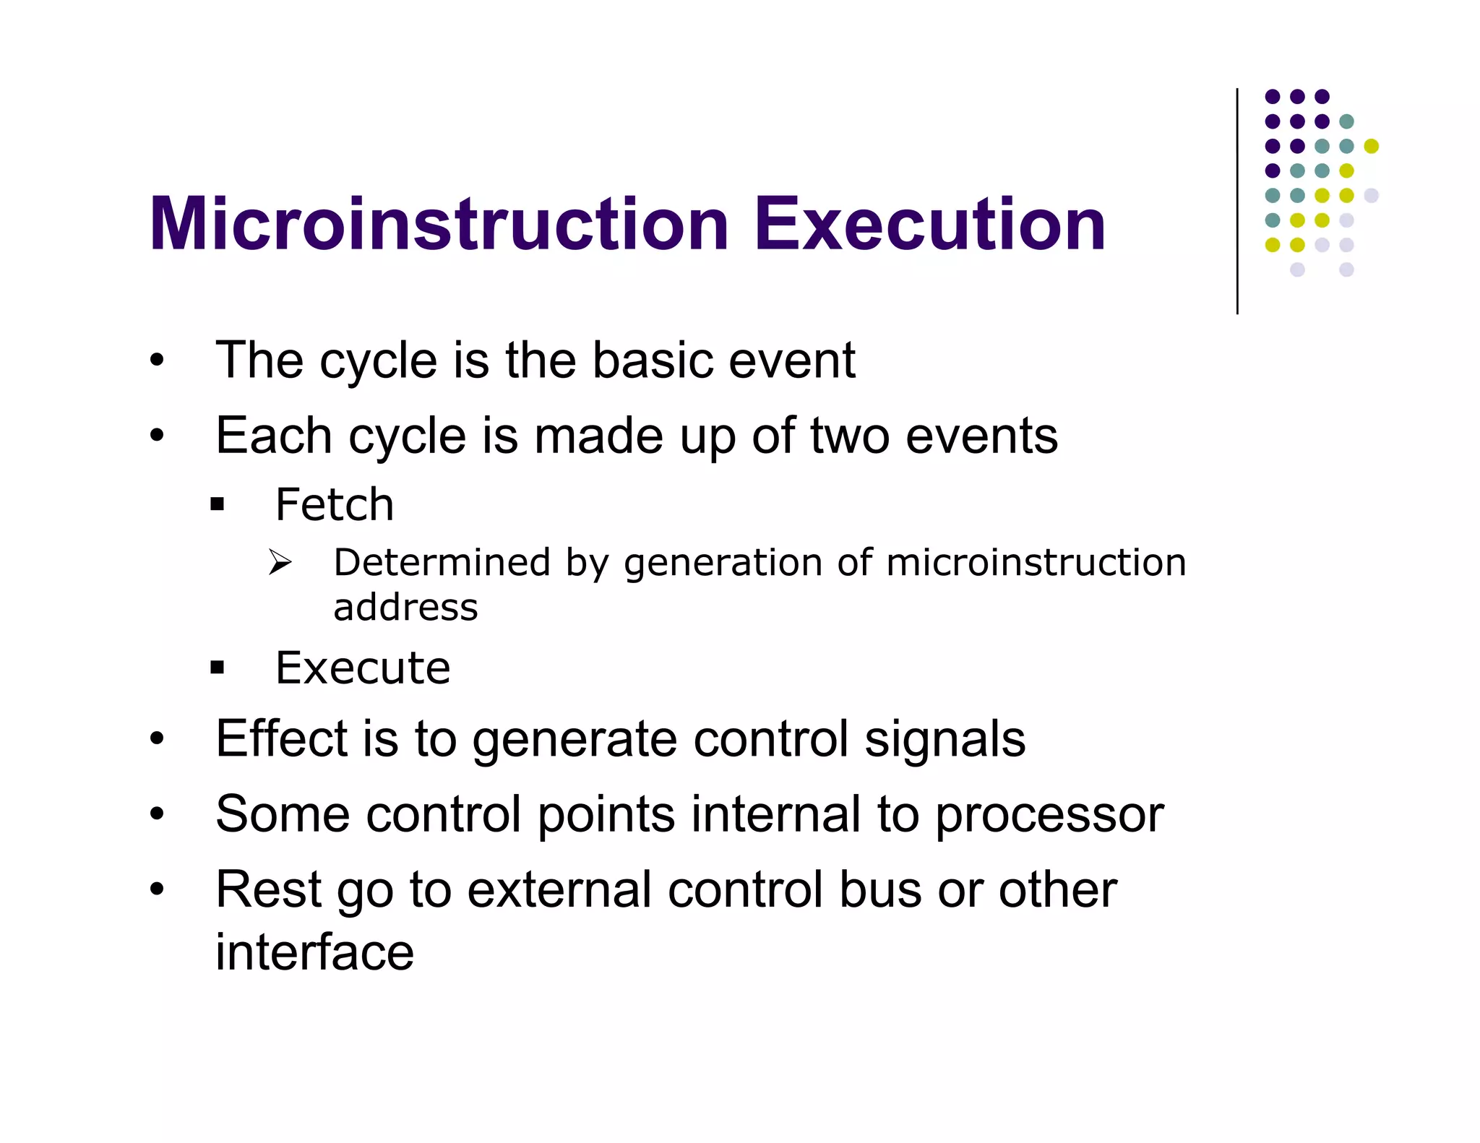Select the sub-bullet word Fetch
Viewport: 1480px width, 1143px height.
[335, 504]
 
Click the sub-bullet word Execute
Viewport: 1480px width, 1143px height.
[363, 668]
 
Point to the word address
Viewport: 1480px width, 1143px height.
[405, 608]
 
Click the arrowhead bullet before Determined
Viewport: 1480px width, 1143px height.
[280, 562]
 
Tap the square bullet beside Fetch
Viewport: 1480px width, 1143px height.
[218, 504]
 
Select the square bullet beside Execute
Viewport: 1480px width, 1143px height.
[218, 668]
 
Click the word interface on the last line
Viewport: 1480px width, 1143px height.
[314, 952]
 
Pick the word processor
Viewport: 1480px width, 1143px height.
[1049, 815]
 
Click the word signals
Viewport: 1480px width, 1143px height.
[945, 738]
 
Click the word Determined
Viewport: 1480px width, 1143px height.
[442, 562]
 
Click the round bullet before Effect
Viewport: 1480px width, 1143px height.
[157, 739]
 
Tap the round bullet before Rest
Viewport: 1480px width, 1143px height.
[157, 889]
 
